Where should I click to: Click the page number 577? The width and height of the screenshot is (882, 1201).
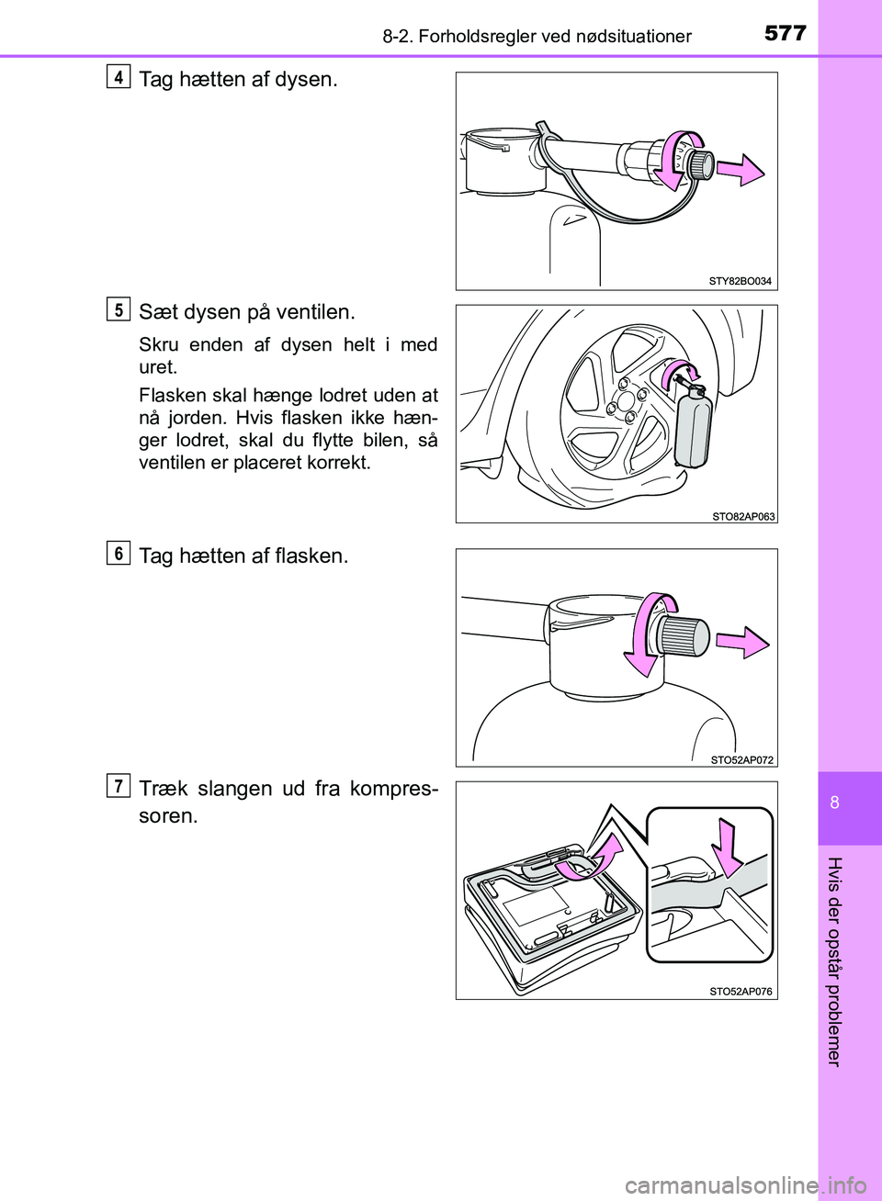(x=785, y=34)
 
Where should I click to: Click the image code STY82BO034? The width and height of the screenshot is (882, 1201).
(x=740, y=280)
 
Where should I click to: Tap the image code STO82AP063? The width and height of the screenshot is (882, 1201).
(x=743, y=516)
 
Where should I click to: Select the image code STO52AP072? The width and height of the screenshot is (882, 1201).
(x=742, y=759)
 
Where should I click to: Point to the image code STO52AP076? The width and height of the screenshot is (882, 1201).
(x=741, y=992)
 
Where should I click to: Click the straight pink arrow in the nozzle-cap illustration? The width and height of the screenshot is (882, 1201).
(x=741, y=170)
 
